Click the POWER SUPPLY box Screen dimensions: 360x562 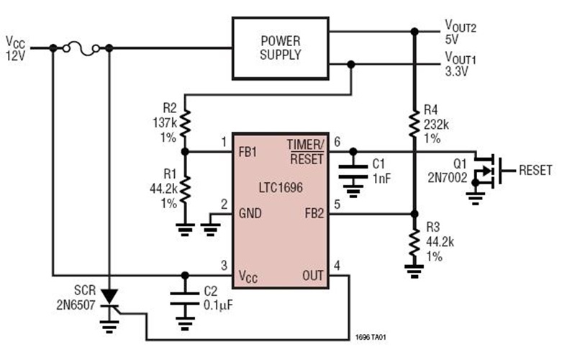(280, 48)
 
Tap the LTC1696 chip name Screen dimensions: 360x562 (281, 185)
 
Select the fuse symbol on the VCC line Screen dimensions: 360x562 (81, 48)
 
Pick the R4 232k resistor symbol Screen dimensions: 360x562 (414, 123)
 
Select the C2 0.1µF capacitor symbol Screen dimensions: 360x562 (185, 298)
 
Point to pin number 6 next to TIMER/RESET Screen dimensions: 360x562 (337, 142)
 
